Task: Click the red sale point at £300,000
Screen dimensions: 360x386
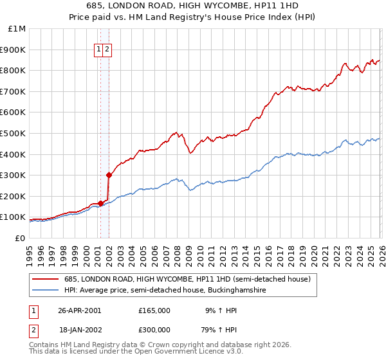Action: [109, 175]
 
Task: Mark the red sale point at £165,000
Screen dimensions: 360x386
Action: [101, 203]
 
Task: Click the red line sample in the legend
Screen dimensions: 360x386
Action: [46, 279]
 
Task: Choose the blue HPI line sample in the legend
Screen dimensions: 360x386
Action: [46, 291]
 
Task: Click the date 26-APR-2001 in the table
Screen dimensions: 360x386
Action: [79, 310]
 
